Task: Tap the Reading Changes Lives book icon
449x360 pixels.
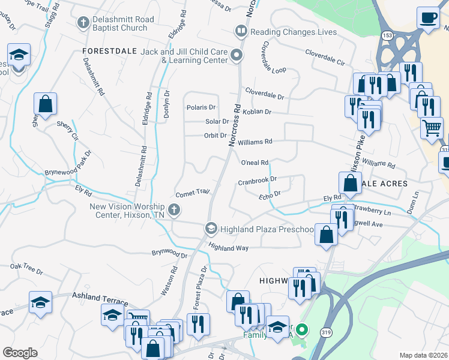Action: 241,31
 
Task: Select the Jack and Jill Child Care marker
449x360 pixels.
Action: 237,56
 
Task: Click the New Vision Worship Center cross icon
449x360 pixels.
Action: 173,209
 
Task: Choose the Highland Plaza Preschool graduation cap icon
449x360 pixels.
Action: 211,229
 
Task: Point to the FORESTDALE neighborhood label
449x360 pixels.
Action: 109,52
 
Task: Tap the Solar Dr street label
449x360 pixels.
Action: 217,121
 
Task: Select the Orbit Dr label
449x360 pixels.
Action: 215,136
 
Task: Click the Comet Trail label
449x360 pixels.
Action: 192,193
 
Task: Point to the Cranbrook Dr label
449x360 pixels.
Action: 257,180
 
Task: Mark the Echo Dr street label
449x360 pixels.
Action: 270,194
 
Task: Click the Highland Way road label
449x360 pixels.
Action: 228,247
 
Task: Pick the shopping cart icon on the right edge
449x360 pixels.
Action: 432,127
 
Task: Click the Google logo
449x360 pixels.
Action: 20,353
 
